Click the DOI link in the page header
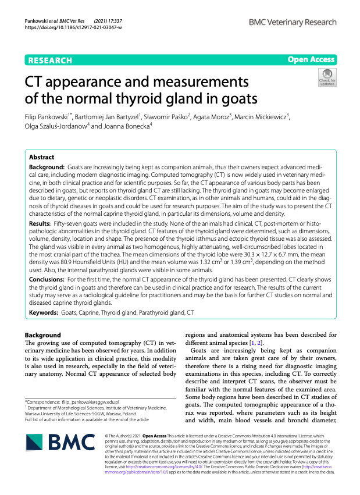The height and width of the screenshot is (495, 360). tap(73, 27)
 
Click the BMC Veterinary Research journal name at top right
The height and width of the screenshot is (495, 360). tap(292, 22)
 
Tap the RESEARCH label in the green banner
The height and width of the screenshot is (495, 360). tap(49, 60)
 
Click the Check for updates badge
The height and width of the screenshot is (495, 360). tap(327, 76)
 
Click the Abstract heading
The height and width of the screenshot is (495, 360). tap(41, 157)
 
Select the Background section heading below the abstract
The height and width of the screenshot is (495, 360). tap(42, 335)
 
